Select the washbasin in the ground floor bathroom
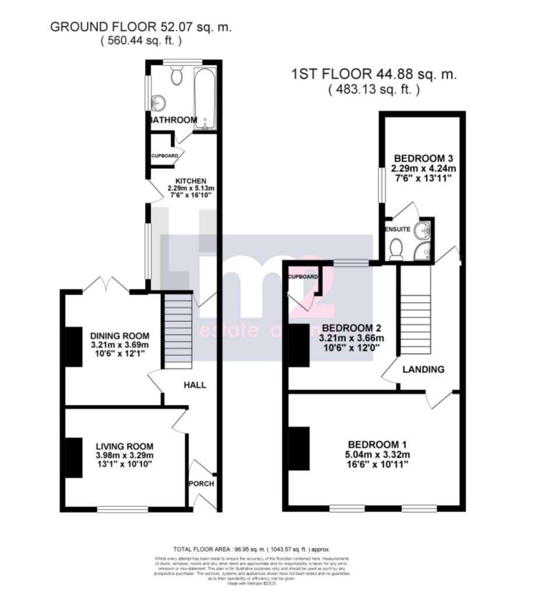158,104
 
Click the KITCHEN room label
183,181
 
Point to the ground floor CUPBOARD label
164,157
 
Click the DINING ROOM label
120,336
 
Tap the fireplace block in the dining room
73,346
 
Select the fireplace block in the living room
74,457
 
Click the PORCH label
201,483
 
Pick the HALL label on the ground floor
195,385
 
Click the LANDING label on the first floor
423,369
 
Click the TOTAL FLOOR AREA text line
252,549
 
